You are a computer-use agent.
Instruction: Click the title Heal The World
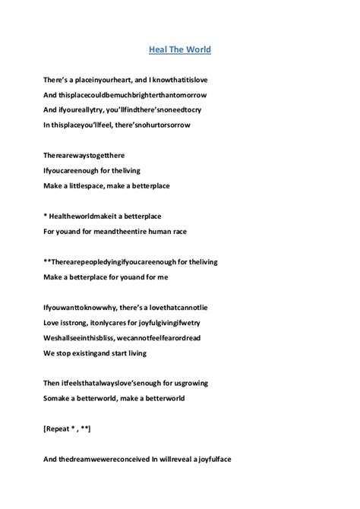tap(179, 51)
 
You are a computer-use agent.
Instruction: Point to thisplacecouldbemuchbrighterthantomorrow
tap(141, 94)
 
